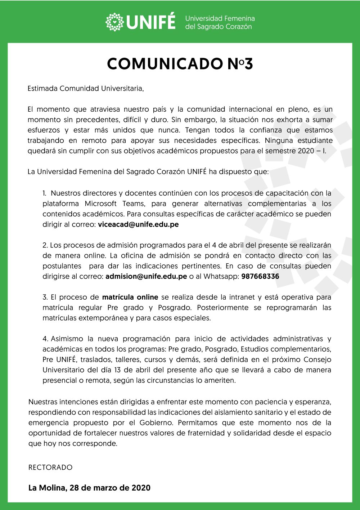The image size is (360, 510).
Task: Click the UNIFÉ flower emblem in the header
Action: pyautogui.click(x=114, y=22)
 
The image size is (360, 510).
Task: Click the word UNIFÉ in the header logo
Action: pyautogui.click(x=151, y=22)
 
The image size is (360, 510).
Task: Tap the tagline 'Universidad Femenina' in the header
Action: pyautogui.click(x=220, y=18)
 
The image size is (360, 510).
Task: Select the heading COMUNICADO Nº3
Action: pyautogui.click(x=180, y=64)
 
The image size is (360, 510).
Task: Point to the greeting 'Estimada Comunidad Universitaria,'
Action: pyautogui.click(x=86, y=89)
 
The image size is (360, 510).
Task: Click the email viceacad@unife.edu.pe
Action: pyautogui.click(x=138, y=224)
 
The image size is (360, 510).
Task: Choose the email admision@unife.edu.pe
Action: pyautogui.click(x=146, y=277)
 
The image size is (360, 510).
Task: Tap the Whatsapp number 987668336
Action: pyautogui.click(x=260, y=277)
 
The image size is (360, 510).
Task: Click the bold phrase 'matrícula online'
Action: pyautogui.click(x=130, y=297)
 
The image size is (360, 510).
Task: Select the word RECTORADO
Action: pyautogui.click(x=50, y=467)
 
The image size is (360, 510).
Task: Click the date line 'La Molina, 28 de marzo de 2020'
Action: pyautogui.click(x=89, y=488)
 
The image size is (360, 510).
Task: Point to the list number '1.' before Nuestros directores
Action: pyautogui.click(x=45, y=193)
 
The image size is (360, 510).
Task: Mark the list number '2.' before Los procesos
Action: pyautogui.click(x=45, y=245)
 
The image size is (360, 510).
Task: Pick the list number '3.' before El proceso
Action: pyautogui.click(x=45, y=297)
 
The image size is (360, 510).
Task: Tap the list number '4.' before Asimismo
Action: pyautogui.click(x=45, y=339)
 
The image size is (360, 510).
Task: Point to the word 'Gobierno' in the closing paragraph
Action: pyautogui.click(x=156, y=423)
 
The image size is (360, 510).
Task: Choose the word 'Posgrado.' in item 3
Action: pyautogui.click(x=175, y=308)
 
